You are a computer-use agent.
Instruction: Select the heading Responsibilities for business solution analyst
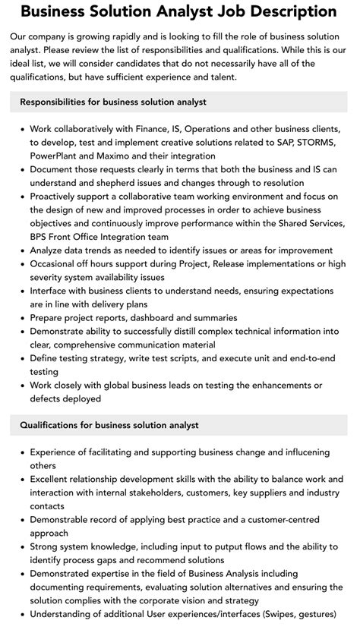(113, 102)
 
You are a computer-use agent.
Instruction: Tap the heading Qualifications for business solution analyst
(109, 425)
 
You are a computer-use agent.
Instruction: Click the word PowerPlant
(57, 156)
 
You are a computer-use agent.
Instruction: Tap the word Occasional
(58, 263)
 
